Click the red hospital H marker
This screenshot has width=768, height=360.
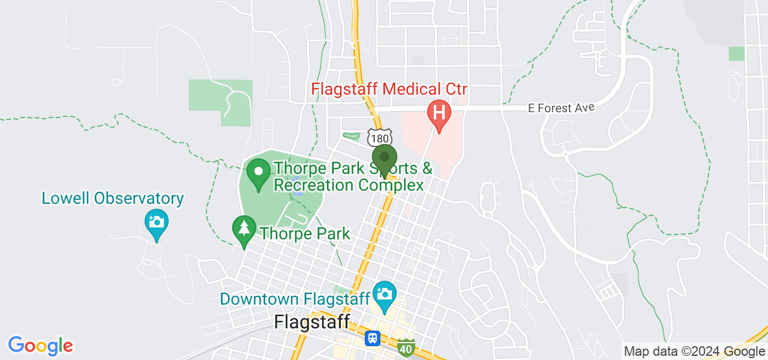[x=439, y=113]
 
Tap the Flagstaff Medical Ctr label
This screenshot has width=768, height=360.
[x=389, y=90]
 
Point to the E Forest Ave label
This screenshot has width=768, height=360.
[x=561, y=108]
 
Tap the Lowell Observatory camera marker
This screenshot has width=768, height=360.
[x=156, y=222]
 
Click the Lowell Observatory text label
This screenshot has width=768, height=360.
[x=112, y=199]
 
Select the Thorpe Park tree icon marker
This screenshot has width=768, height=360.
[x=244, y=229]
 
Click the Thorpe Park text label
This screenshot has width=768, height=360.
[x=305, y=233]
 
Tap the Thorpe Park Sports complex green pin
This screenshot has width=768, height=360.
[x=259, y=173]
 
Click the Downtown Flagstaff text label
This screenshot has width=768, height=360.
[x=295, y=299]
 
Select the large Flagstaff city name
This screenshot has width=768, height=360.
[x=311, y=322]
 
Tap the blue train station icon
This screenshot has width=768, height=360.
[x=373, y=338]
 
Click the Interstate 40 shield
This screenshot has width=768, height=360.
[x=406, y=347]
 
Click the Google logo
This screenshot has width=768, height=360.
[x=41, y=346]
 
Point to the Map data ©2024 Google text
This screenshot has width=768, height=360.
[x=694, y=352]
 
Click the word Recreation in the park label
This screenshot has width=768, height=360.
[x=313, y=185]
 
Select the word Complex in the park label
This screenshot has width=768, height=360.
[x=391, y=185]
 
